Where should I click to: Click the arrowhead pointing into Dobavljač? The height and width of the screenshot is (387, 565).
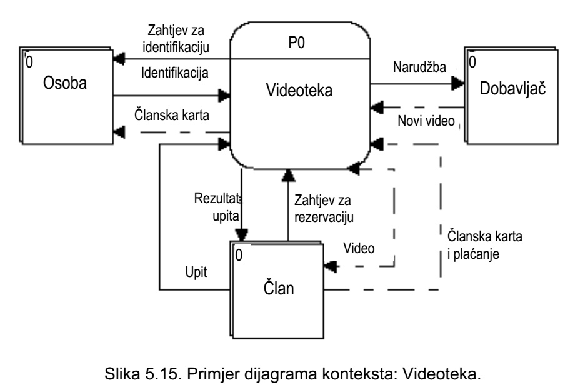click(460, 83)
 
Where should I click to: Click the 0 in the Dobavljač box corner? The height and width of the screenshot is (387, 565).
click(472, 61)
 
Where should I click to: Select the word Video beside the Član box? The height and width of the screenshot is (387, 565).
click(359, 248)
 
